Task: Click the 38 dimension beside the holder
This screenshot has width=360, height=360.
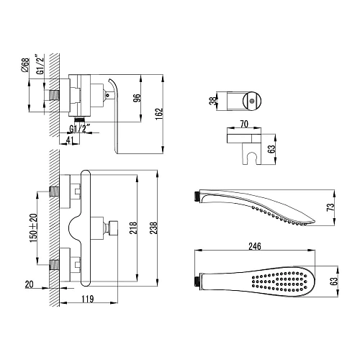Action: point(212,102)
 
